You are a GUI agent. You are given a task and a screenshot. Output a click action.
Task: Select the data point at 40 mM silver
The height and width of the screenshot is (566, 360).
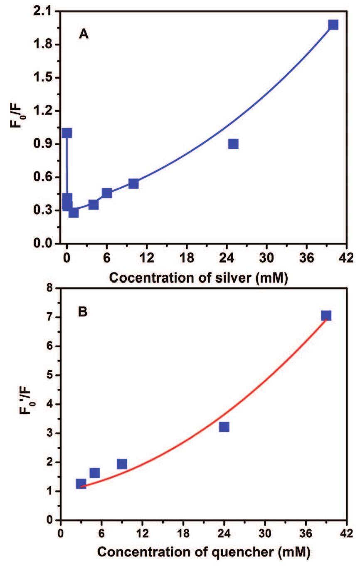[333, 25]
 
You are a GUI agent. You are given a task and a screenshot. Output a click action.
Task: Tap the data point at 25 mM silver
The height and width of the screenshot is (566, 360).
[233, 144]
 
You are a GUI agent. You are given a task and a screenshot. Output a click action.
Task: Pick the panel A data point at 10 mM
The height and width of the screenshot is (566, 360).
[133, 183]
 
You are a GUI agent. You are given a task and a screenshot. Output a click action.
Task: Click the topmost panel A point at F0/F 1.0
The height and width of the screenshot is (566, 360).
[67, 133]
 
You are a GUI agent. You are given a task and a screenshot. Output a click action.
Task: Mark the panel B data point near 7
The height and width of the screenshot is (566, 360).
[326, 315]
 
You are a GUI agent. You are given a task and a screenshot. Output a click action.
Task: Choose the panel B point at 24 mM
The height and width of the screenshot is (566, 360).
[224, 427]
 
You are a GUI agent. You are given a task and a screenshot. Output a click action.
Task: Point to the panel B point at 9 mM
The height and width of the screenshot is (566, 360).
[122, 464]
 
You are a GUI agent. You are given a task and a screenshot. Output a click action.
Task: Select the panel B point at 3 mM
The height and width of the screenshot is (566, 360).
[81, 484]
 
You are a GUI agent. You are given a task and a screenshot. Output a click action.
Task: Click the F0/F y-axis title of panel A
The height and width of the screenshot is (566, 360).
[17, 127]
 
